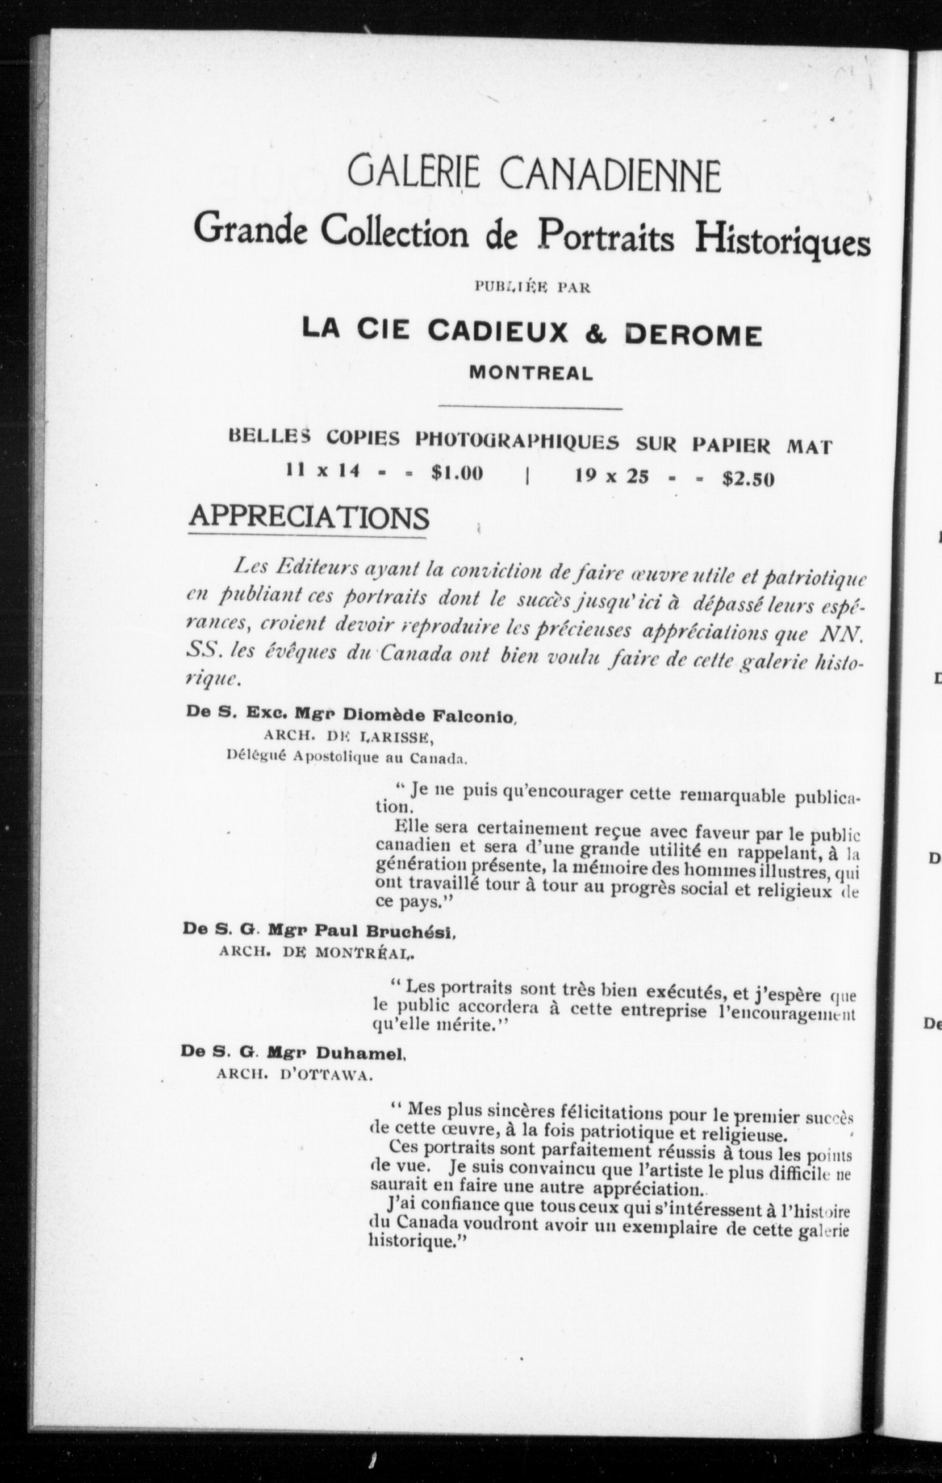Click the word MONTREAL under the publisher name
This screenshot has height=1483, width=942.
coord(531,373)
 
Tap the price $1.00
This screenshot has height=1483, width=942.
coord(457,473)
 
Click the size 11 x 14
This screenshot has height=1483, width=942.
coord(322,472)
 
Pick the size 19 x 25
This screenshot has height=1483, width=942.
coord(612,476)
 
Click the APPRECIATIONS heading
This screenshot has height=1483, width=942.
coord(309,517)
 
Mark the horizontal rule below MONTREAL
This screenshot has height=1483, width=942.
coord(530,407)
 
